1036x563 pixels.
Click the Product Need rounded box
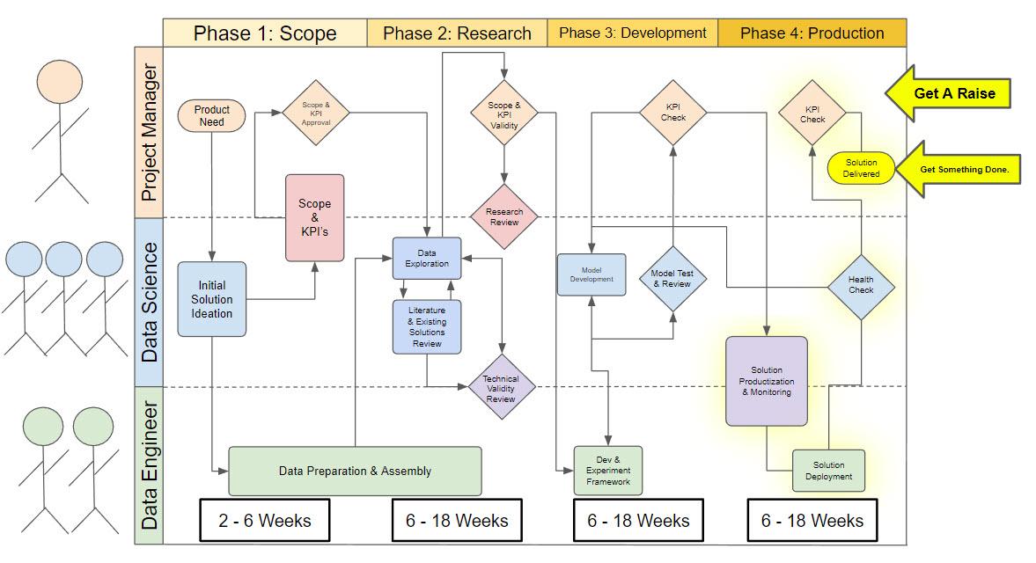(211, 115)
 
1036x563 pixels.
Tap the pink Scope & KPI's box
(314, 216)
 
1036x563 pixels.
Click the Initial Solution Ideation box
(211, 299)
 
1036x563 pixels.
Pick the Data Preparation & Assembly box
(355, 471)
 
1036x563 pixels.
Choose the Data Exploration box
(427, 259)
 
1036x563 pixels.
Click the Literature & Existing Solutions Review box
(427, 326)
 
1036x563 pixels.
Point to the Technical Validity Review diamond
(501, 389)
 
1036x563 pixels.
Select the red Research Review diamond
(503, 217)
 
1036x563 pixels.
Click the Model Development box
(591, 274)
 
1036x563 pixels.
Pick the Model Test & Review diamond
(672, 279)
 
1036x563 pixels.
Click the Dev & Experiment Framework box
(608, 471)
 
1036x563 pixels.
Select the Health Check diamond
(861, 285)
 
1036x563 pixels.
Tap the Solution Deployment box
(828, 471)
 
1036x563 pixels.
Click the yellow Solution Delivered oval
(861, 168)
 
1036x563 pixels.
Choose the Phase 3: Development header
(633, 33)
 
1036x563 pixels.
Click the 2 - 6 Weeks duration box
(264, 521)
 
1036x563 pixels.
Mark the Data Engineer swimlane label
(149, 464)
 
